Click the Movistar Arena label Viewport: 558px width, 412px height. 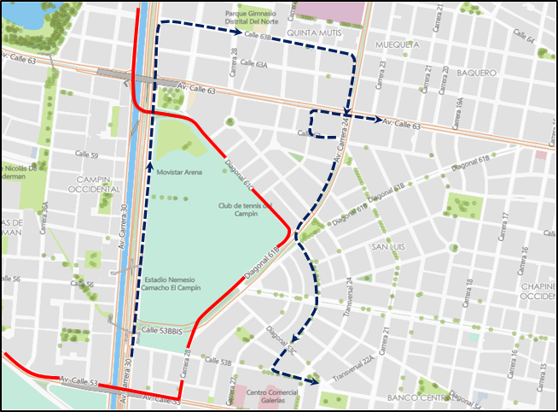(178, 173)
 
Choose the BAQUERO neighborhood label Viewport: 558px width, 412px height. (476, 73)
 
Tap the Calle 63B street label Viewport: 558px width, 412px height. (257, 38)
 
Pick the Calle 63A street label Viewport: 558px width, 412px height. (254, 64)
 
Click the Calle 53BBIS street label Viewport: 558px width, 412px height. (161, 330)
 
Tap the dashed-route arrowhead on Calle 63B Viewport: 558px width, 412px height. (235, 32)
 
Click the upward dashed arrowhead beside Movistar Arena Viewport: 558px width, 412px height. (149, 156)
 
